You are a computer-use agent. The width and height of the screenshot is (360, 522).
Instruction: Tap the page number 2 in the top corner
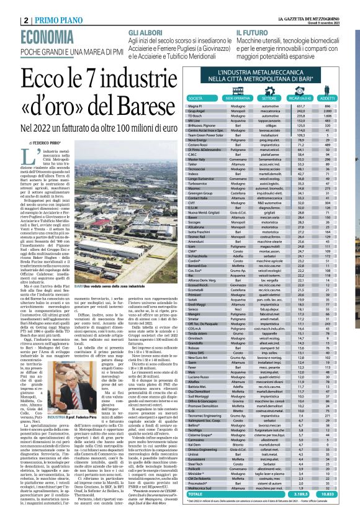[x=9, y=19]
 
